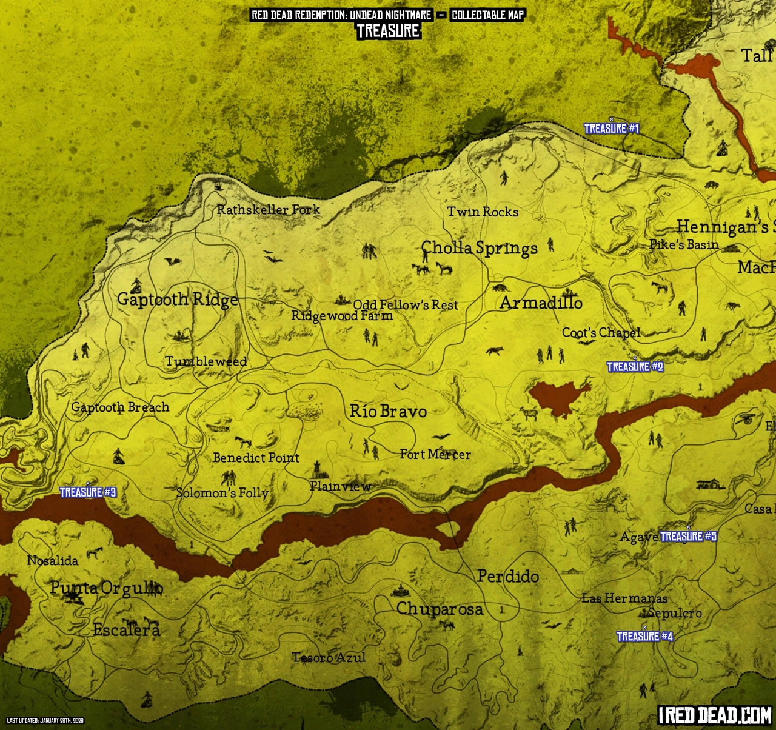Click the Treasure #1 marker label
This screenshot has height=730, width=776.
(x=611, y=129)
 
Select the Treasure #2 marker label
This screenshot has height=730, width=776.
(x=635, y=367)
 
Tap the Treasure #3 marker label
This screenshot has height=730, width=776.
(x=88, y=492)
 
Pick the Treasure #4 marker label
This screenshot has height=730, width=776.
(x=644, y=636)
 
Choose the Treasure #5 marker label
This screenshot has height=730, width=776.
(x=688, y=536)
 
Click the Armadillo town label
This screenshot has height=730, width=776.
(x=541, y=303)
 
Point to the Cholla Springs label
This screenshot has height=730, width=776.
(x=479, y=248)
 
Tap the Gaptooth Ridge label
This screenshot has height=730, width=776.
(x=177, y=300)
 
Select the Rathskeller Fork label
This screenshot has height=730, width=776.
(x=268, y=210)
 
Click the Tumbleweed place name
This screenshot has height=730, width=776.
(x=206, y=361)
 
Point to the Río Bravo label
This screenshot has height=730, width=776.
(x=388, y=411)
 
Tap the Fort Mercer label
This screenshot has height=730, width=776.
(x=435, y=454)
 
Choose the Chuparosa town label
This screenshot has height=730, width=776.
(x=440, y=609)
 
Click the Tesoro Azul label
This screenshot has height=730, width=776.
(x=329, y=657)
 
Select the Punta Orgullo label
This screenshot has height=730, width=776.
(x=106, y=588)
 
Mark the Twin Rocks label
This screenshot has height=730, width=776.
(x=483, y=212)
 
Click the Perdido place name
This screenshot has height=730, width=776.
(x=507, y=576)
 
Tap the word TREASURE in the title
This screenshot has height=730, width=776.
(x=388, y=31)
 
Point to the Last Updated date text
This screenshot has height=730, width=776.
(x=45, y=721)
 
